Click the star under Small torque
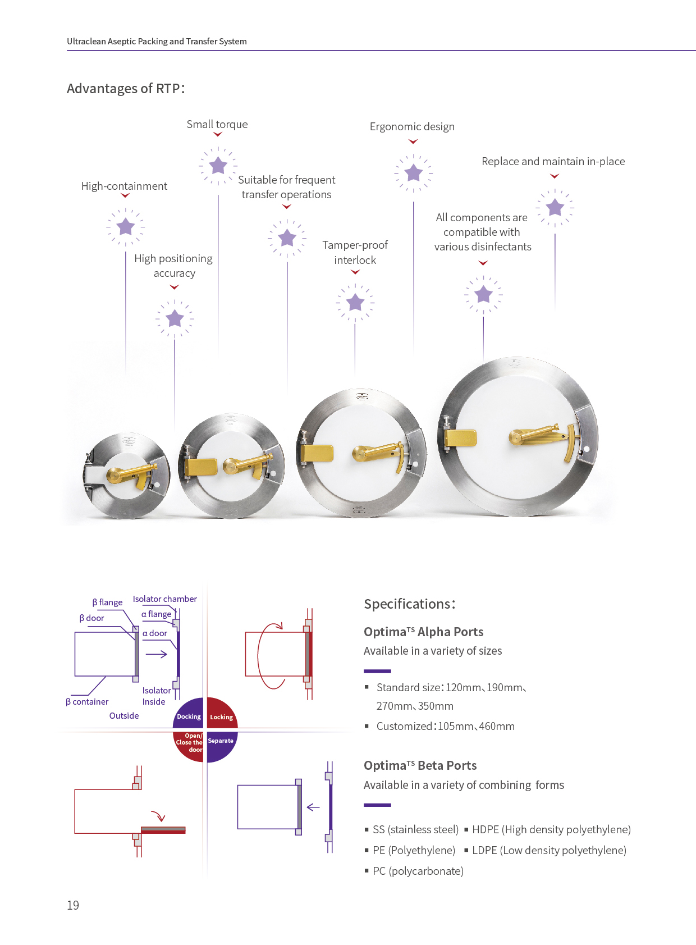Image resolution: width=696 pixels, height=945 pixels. click(218, 166)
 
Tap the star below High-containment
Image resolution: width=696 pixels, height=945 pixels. click(125, 227)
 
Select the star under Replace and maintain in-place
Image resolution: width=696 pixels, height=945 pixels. click(555, 207)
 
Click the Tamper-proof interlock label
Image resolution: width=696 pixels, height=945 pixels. click(355, 253)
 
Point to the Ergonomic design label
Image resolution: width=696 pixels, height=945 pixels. click(412, 127)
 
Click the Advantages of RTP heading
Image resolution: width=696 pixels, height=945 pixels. click(126, 89)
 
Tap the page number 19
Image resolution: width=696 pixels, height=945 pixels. click(73, 905)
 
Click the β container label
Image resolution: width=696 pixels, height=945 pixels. click(87, 702)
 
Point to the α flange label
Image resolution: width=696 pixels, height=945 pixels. click(157, 614)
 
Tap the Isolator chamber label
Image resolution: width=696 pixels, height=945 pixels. click(164, 599)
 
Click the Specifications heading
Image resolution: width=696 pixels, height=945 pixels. click(409, 604)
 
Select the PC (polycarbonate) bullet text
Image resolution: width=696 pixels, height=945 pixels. click(418, 871)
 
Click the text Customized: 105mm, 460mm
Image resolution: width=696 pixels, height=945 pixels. click(445, 726)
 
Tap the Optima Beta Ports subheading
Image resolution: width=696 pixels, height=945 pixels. click(420, 765)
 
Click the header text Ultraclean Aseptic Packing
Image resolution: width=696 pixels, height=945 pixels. click(157, 42)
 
